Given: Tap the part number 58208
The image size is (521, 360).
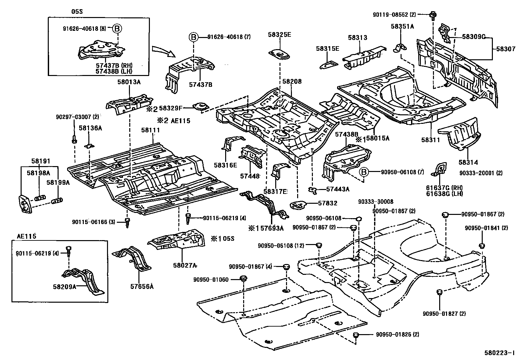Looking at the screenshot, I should coord(292,82).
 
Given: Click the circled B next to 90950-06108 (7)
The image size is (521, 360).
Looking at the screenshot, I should coord(364,172).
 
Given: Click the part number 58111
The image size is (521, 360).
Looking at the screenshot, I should coord(151,130).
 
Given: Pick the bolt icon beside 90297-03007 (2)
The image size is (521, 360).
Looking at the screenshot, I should coord(74,139).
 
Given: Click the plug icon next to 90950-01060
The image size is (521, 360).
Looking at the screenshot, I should coord(243,279).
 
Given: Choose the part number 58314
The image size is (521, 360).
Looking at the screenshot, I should coord(468,162).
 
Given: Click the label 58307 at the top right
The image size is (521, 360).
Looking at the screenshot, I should coord(506,48).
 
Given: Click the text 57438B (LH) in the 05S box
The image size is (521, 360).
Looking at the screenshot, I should coord(114,70).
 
